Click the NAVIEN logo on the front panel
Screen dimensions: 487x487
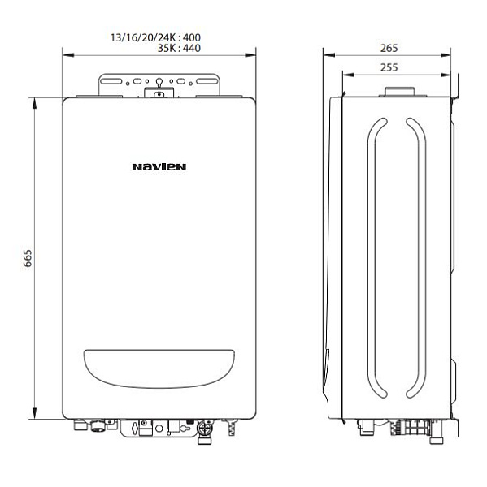click(x=159, y=168)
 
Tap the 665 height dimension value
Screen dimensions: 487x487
click(x=27, y=258)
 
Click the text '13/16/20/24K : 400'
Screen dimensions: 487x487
click(x=154, y=37)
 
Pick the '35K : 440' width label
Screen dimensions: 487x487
click(x=175, y=49)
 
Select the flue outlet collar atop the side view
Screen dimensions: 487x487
click(x=398, y=90)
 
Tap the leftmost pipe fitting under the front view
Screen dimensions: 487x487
click(x=80, y=425)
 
